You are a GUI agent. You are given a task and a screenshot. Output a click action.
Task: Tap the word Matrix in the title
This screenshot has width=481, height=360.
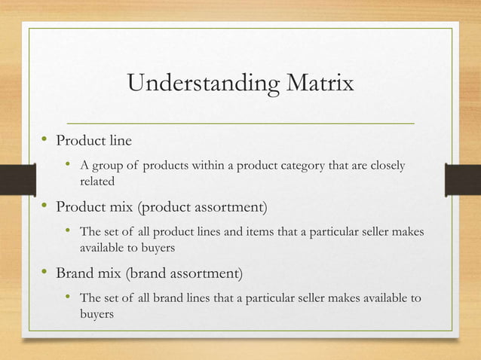click(x=317, y=83)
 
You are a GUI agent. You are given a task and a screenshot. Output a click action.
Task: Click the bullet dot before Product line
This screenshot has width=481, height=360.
click(x=45, y=139)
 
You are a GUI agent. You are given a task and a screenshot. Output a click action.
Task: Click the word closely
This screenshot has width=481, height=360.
click(x=387, y=166)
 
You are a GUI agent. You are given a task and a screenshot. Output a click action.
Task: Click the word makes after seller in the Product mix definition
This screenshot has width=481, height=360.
click(x=416, y=231)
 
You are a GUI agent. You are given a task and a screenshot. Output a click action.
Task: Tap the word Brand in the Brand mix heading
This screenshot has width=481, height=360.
click(x=76, y=272)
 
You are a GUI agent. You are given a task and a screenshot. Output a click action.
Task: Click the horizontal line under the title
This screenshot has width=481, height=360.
click(x=240, y=122)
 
